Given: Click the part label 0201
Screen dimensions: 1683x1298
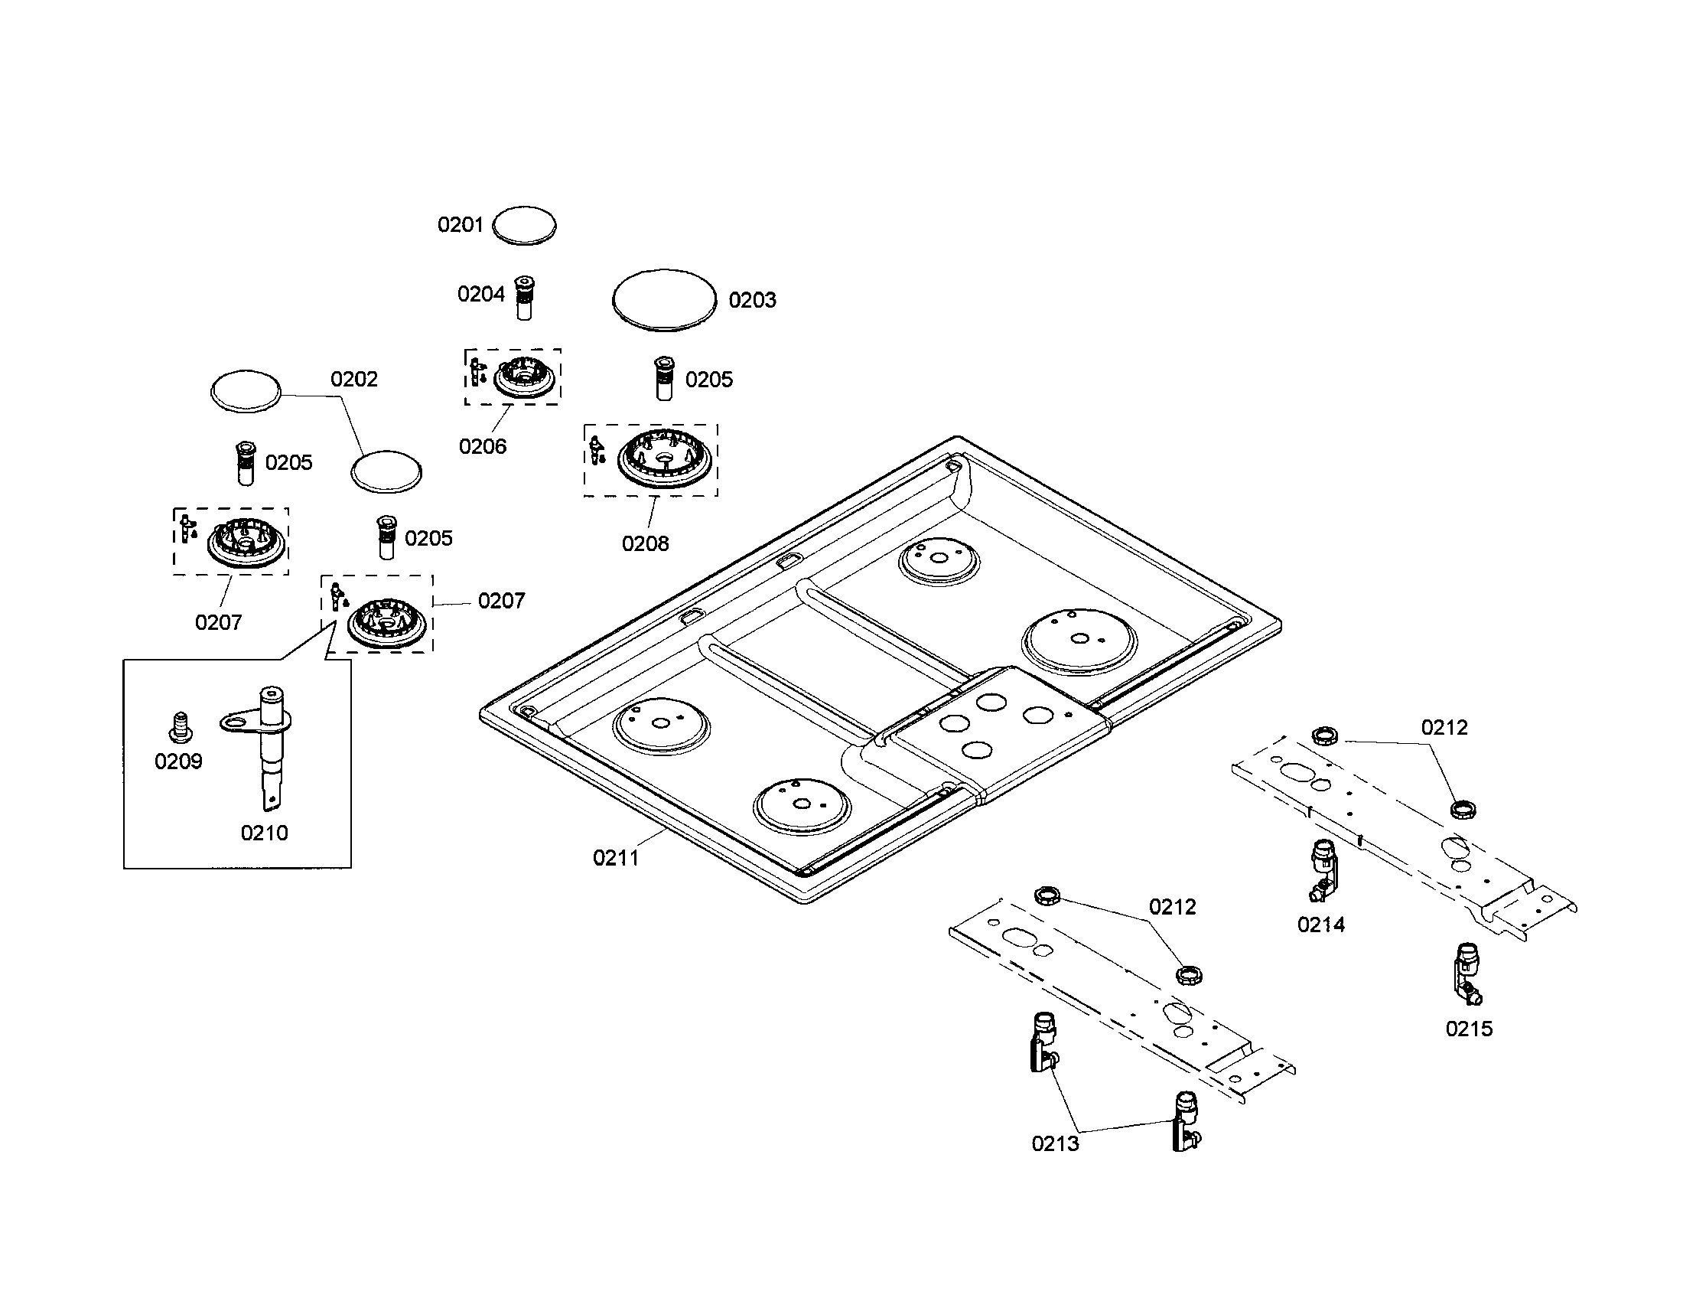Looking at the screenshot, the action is [x=460, y=225].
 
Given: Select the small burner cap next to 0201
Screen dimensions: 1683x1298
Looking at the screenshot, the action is [x=524, y=226].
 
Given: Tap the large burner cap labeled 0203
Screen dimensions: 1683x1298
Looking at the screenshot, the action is [x=664, y=301].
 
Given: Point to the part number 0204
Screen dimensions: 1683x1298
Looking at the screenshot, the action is [x=481, y=294].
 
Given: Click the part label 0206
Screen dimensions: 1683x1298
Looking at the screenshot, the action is [x=483, y=446].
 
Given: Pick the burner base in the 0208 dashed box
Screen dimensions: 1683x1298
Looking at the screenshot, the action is [x=664, y=458].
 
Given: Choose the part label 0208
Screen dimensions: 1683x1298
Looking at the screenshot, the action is [x=645, y=543].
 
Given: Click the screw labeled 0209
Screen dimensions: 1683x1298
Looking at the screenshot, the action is [x=180, y=726].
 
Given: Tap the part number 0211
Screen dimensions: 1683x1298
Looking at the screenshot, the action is [x=616, y=858].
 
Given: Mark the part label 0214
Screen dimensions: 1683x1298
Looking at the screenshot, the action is [x=1321, y=925].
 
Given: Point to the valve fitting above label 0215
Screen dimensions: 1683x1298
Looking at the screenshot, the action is [x=1467, y=974].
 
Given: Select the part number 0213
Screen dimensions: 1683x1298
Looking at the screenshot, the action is [x=1055, y=1143].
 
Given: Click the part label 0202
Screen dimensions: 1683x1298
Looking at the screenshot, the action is [x=353, y=380].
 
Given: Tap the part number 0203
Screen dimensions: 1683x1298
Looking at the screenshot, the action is [x=752, y=300].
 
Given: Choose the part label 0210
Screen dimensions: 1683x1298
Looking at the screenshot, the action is [x=264, y=833].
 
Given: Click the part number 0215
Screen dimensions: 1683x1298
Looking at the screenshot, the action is [x=1469, y=1029].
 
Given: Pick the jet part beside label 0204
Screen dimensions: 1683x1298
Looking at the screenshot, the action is [x=524, y=298].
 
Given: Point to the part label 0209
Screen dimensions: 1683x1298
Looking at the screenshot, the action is [x=178, y=762].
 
